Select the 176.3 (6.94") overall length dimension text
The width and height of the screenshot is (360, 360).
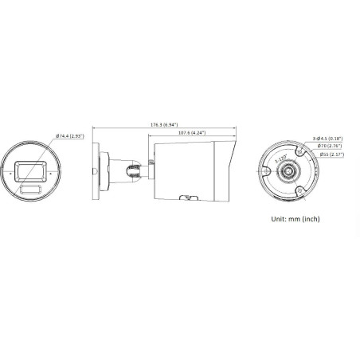click(163, 124)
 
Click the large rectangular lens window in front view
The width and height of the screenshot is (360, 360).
click(30, 170)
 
